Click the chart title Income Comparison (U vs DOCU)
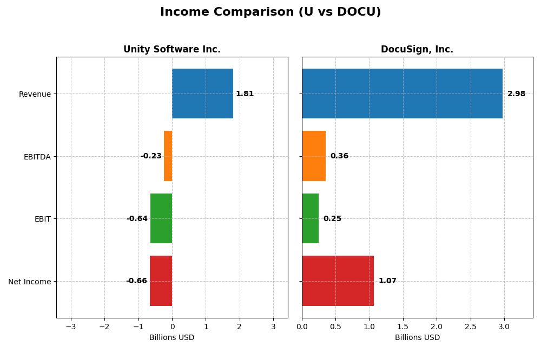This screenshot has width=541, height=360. pos(270,12)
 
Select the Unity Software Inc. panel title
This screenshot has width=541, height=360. pos(171,49)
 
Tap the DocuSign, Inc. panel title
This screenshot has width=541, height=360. pos(417,49)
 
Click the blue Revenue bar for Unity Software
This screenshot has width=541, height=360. pos(202,94)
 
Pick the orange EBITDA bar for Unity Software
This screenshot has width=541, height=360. pos(168,156)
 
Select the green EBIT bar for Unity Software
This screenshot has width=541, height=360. pos(161,218)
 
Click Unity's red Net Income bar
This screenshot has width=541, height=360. pos(161,281)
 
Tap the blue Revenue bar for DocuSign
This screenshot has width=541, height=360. pos(402,94)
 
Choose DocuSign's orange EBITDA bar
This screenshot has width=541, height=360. pos(314,156)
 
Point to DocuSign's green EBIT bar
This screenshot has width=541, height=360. pos(310,218)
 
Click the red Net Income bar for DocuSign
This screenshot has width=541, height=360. pos(338,281)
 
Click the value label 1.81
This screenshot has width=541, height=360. pos(245,94)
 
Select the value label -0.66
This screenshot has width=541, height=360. pos(136,281)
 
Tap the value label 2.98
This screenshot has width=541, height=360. pos(516,94)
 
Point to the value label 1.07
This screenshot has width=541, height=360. pos(387,281)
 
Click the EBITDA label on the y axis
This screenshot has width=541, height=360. pos(37,157)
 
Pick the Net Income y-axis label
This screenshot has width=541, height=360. pos(29,282)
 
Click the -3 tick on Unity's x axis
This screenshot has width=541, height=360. pos(71,326)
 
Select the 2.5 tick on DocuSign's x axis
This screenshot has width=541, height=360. pos(470,326)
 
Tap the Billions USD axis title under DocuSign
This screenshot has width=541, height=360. pos(417,337)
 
